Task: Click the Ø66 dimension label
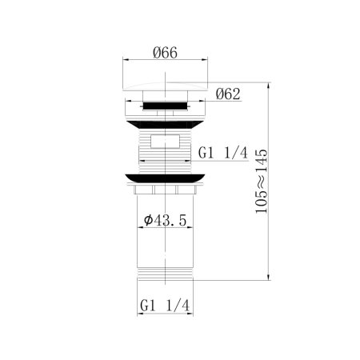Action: pos(165,54)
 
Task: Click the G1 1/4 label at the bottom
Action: pos(164,306)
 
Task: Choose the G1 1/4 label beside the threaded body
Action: pos(223,152)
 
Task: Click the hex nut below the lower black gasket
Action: pos(165,193)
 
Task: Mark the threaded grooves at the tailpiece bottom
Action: pos(165,277)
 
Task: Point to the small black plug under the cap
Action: pos(165,103)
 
